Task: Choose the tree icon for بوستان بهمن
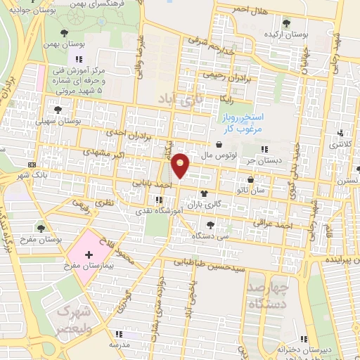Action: [x=65, y=32]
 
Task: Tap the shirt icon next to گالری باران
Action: [x=205, y=194]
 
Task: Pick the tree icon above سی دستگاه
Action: [x=210, y=225]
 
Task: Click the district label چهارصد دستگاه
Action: [x=269, y=295]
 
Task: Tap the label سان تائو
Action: [x=271, y=189]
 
